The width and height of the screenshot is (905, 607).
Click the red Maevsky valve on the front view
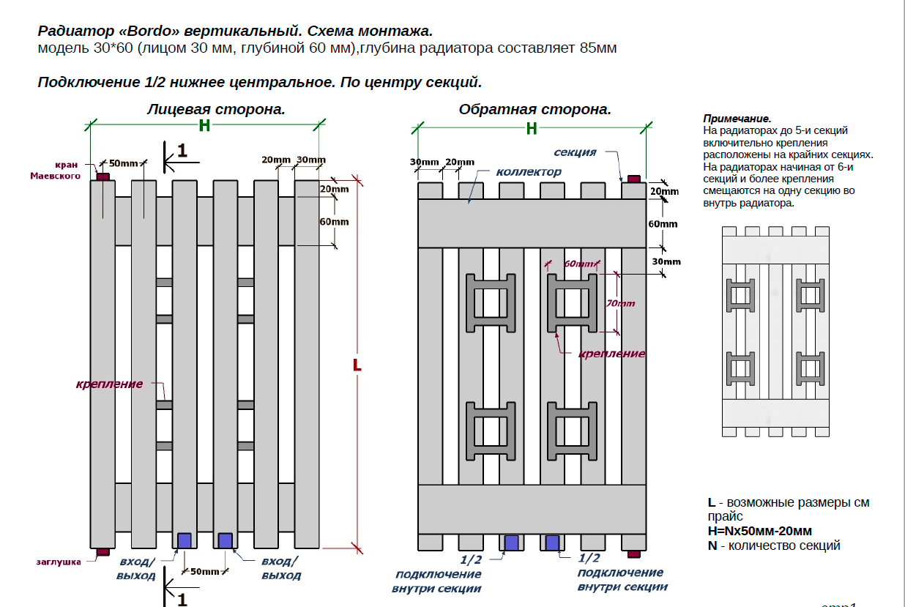[103, 176]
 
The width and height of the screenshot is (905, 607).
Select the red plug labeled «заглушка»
[103, 551]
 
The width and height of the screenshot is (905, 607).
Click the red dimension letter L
[357, 365]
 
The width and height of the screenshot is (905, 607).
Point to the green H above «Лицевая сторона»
[204, 126]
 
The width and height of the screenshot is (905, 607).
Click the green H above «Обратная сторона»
[532, 129]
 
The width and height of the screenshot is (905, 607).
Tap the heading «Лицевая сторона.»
[216, 109]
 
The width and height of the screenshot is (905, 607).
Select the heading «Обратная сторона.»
[535, 109]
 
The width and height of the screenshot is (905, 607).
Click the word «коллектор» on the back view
[529, 171]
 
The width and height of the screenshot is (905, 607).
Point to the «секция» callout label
[575, 152]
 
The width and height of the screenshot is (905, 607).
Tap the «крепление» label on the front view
[108, 384]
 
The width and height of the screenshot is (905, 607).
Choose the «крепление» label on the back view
[611, 354]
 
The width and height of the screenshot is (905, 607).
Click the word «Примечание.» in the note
[737, 119]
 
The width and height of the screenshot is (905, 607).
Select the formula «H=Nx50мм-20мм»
[759, 531]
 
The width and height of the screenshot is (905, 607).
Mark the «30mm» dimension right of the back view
[666, 261]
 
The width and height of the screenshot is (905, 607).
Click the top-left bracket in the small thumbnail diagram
[740, 295]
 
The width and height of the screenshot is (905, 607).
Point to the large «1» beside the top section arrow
[182, 151]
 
